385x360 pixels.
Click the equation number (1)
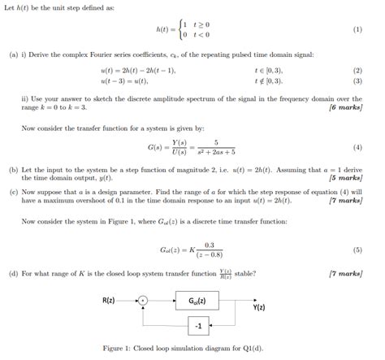[357, 29]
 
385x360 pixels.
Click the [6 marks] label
[344, 107]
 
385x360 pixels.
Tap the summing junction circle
[143, 302]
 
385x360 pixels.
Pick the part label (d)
[14, 274]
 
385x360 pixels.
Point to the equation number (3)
[357, 82]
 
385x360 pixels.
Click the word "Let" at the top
[10, 7]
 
